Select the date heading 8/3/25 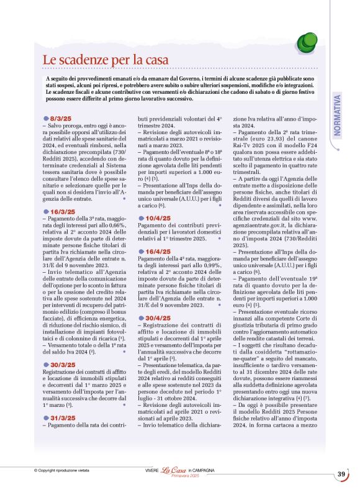pos(61,118)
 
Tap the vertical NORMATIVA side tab pos(338,116)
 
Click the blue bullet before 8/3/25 pos(46,118)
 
